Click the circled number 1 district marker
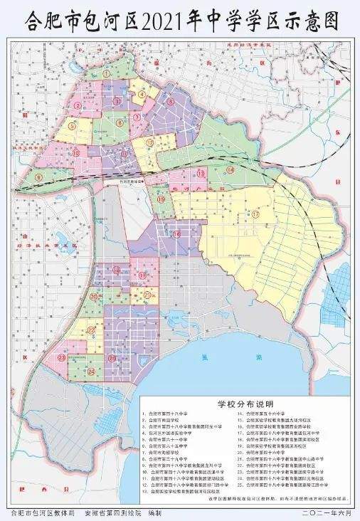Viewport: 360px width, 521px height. pyautogui.click(x=107, y=73)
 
